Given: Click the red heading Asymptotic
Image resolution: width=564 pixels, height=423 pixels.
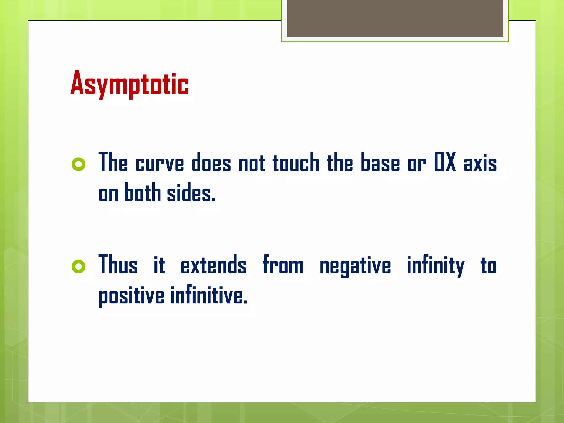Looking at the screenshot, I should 129,83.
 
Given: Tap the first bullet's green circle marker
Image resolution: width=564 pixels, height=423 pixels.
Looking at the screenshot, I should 78,164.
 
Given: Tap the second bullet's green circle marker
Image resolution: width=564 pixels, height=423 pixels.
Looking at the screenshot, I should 78,266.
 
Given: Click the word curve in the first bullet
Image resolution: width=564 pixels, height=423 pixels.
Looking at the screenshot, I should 160,163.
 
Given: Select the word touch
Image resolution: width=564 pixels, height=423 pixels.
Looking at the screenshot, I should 296,162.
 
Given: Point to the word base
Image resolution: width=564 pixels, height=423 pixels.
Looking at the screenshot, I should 380,162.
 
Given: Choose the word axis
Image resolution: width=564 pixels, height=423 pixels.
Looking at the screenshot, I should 480,163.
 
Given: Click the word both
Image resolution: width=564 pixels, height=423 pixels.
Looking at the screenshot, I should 142,192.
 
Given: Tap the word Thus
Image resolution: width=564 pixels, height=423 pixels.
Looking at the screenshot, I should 118,265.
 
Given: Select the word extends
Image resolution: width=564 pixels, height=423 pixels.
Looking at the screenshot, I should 214,265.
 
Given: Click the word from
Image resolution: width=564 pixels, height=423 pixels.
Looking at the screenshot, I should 283,265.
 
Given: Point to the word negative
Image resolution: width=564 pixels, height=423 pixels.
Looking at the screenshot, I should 355,266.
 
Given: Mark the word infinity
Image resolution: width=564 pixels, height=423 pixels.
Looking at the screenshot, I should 436,265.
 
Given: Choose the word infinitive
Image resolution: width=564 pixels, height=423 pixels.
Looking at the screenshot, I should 209,295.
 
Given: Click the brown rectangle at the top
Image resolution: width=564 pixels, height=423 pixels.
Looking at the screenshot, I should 395,18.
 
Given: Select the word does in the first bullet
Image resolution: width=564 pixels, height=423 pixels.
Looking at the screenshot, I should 211,162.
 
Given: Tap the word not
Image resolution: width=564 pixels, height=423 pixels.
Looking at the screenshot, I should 252,163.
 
